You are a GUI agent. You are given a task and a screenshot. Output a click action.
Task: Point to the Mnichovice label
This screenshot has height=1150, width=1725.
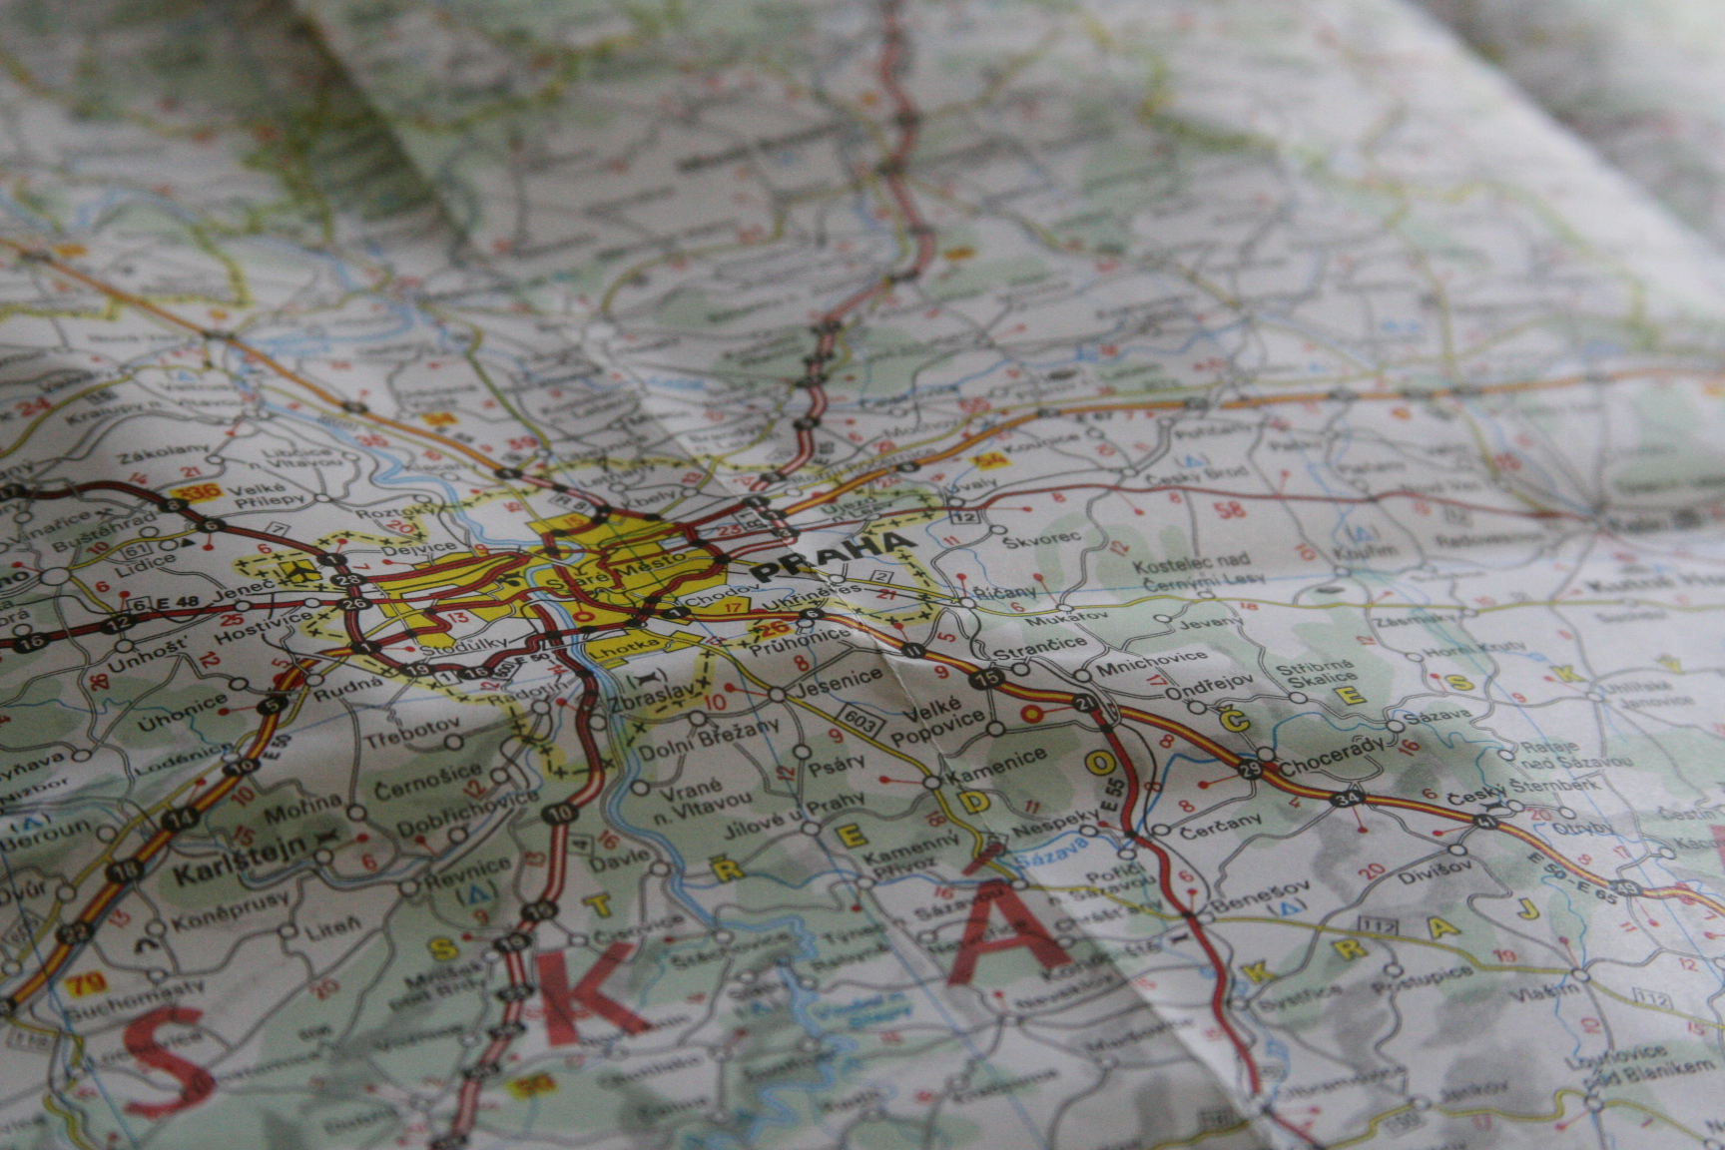(1152, 662)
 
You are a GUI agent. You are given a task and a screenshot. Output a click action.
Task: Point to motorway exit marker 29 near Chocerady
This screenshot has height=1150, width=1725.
(1250, 769)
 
